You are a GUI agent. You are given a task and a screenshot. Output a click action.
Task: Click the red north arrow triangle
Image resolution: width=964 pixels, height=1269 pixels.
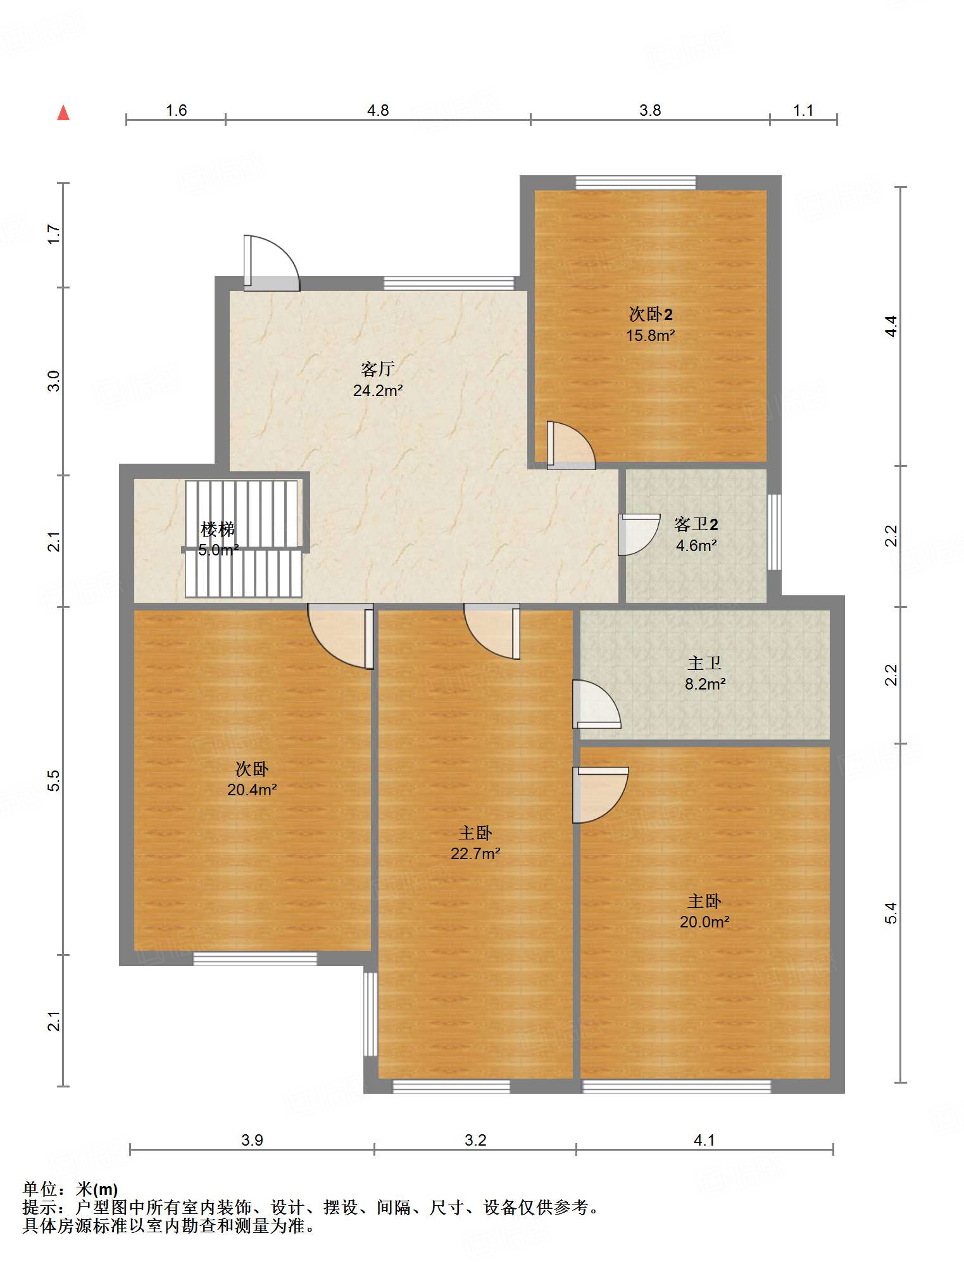pyautogui.click(x=63, y=113)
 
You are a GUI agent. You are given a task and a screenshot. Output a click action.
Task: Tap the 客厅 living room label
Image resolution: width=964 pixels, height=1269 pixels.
pyautogui.click(x=378, y=369)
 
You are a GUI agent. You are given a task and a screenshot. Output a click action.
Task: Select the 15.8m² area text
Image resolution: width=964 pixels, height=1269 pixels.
pyautogui.click(x=651, y=335)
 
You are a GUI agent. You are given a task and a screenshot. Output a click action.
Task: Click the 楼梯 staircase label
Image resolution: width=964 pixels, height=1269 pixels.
pyautogui.click(x=218, y=529)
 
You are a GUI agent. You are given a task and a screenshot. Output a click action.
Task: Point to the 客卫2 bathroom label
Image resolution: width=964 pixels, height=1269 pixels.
pyautogui.click(x=696, y=524)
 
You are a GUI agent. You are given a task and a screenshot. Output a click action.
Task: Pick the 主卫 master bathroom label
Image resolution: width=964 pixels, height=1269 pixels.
pyautogui.click(x=704, y=663)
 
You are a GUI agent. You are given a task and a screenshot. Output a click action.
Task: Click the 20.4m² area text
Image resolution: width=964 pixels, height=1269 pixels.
pyautogui.click(x=253, y=789)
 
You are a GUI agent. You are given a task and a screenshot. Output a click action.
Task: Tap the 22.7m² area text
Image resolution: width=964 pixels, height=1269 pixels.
pyautogui.click(x=475, y=853)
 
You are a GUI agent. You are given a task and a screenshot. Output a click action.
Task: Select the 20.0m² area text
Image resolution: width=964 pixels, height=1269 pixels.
pyautogui.click(x=704, y=922)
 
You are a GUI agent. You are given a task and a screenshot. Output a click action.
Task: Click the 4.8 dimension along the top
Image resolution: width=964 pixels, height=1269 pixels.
pyautogui.click(x=378, y=111)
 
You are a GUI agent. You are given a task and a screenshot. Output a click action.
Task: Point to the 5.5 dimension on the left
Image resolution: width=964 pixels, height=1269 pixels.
pyautogui.click(x=54, y=780)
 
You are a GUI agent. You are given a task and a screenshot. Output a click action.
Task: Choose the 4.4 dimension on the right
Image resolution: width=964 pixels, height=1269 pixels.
pyautogui.click(x=891, y=326)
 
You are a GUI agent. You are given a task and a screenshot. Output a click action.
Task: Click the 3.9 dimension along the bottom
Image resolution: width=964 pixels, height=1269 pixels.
pyautogui.click(x=252, y=1140)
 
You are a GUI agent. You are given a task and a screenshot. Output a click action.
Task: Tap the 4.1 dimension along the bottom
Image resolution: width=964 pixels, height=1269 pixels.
pyautogui.click(x=704, y=1140)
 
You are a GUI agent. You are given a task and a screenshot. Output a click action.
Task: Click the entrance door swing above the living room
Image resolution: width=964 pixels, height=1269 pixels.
pyautogui.click(x=272, y=263)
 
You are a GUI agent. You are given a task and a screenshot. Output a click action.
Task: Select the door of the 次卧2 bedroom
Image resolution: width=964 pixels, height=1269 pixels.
pyautogui.click(x=571, y=445)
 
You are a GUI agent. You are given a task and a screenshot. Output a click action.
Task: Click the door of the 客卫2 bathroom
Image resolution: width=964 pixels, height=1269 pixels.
pyautogui.click(x=639, y=535)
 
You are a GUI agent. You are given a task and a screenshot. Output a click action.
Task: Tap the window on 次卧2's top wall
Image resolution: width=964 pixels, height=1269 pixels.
pyautogui.click(x=635, y=183)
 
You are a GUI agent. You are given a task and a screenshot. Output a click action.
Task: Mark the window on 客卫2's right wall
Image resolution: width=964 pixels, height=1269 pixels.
pyautogui.click(x=774, y=532)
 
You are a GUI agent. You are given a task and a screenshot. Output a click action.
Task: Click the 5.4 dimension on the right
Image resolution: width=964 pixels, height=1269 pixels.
pyautogui.click(x=891, y=912)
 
